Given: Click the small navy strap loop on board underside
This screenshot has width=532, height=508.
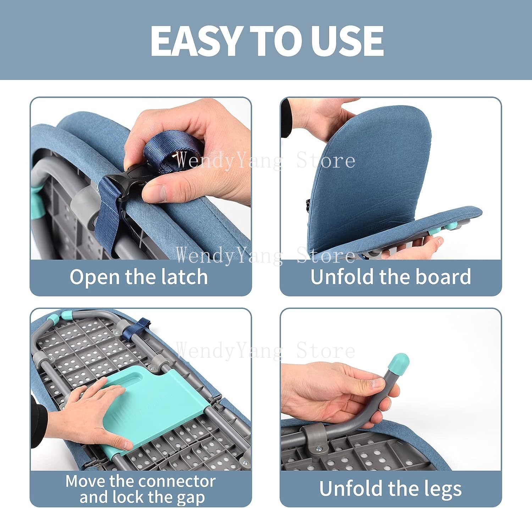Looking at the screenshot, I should click(142, 327).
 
